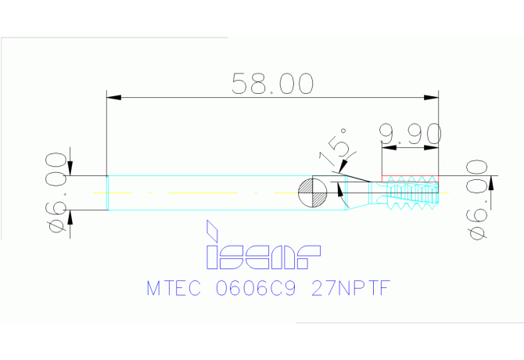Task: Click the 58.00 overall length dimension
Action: (x=273, y=82)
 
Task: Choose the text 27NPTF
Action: (x=349, y=289)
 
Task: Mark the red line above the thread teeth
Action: (x=410, y=175)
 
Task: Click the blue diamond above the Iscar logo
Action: (x=211, y=230)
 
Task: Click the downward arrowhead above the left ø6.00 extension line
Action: (x=70, y=169)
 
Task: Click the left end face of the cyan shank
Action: (x=106, y=193)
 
